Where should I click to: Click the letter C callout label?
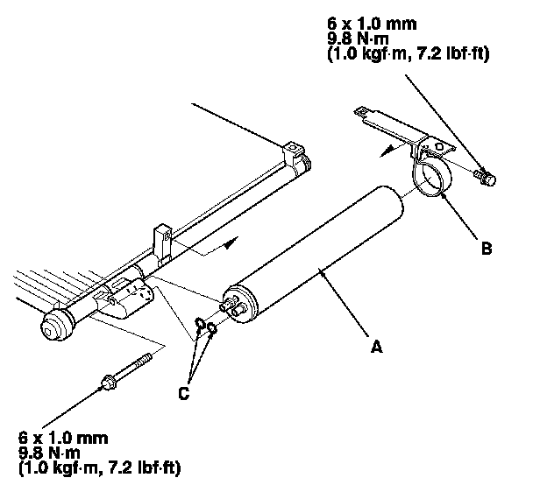182,393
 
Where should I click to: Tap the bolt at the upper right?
483,179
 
